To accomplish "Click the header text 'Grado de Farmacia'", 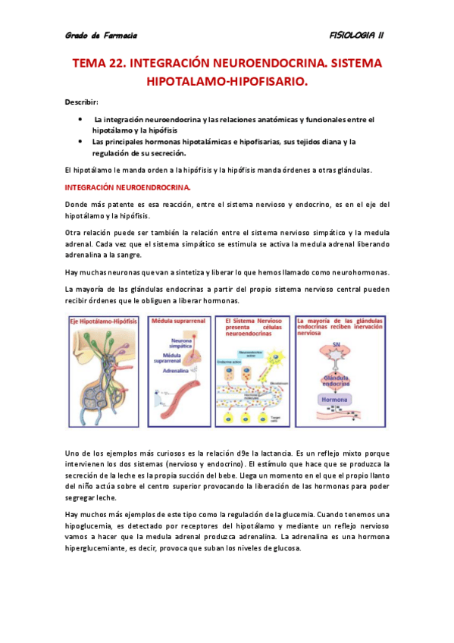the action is tap(100, 35).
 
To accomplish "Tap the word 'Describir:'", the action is tap(81, 102).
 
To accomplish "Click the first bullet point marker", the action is tap(80, 120).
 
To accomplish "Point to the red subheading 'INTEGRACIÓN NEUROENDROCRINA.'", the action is tap(127, 187).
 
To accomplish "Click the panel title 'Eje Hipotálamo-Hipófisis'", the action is tap(104, 321).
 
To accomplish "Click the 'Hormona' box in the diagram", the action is tap(334, 399).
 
